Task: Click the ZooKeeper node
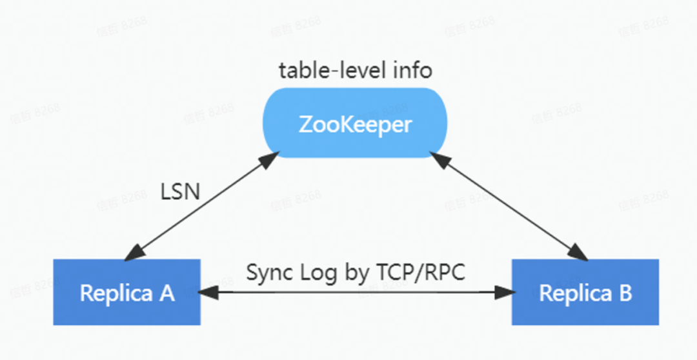(x=355, y=123)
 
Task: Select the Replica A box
(x=126, y=292)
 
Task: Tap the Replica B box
(x=585, y=292)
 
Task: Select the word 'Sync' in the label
(x=268, y=272)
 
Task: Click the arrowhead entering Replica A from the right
(x=207, y=292)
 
